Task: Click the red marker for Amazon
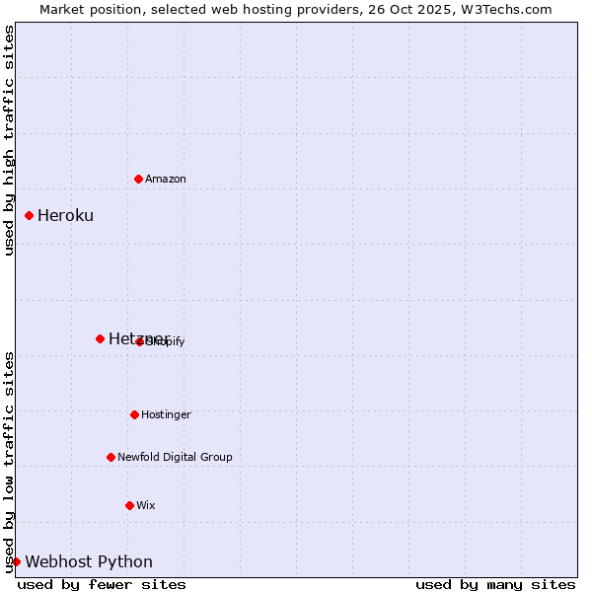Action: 138,179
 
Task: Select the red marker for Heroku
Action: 29,215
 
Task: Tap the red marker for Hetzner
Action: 100,338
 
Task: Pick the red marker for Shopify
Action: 139,341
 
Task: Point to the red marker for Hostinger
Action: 134,414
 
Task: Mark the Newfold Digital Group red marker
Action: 111,457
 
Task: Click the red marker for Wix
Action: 129,505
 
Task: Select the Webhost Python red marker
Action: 16,561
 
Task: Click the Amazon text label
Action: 166,179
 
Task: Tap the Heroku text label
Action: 65,215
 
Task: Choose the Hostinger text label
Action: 166,414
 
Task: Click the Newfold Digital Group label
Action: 175,457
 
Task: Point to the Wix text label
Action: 146,505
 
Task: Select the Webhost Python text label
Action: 89,561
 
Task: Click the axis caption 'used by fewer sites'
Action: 102,584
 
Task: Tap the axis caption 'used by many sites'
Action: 495,584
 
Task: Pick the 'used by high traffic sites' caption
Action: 9,140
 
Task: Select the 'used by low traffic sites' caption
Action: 9,461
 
